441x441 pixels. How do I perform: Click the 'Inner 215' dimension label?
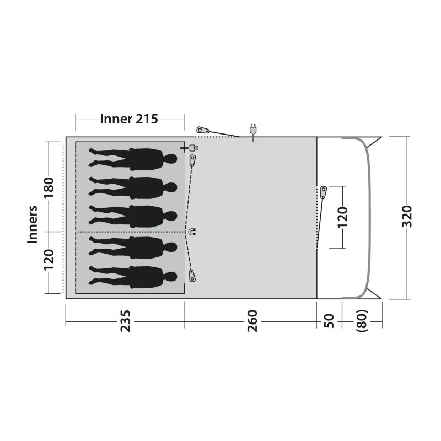129,119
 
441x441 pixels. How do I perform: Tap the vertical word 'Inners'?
33,224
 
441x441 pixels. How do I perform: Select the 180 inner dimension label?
49,188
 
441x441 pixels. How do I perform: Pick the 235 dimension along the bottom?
126,321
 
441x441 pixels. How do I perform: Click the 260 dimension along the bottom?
252,321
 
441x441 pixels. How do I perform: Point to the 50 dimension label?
329,321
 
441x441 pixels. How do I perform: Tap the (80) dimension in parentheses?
362,321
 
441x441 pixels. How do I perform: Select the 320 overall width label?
407,216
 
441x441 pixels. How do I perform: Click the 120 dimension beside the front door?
342,217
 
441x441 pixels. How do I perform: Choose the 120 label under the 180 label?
49,259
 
